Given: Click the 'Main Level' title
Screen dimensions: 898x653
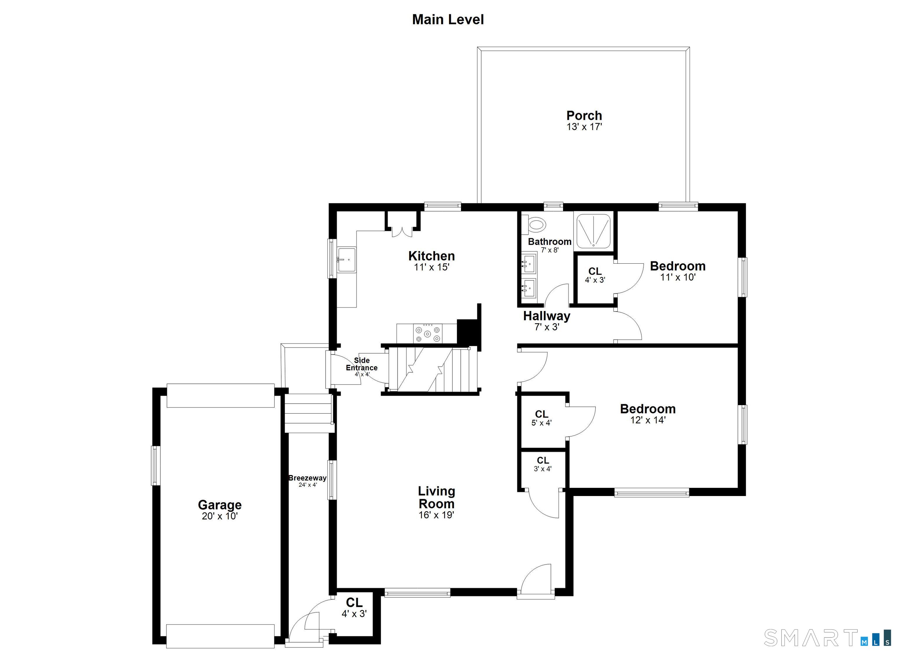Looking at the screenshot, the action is tap(448, 19).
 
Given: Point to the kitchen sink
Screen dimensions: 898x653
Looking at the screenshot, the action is tap(347, 260).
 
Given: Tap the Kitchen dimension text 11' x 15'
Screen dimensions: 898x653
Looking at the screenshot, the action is tap(431, 267).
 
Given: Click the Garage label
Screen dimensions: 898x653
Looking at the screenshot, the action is tap(220, 505).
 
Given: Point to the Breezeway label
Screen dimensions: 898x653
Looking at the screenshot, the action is tap(307, 478).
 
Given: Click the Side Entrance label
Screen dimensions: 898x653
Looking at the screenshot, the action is tap(362, 364).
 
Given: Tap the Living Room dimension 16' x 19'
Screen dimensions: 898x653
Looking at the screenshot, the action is tap(436, 515).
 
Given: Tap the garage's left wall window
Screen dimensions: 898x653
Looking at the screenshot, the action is tap(156, 466).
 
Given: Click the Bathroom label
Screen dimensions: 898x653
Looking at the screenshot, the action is tap(550, 241).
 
